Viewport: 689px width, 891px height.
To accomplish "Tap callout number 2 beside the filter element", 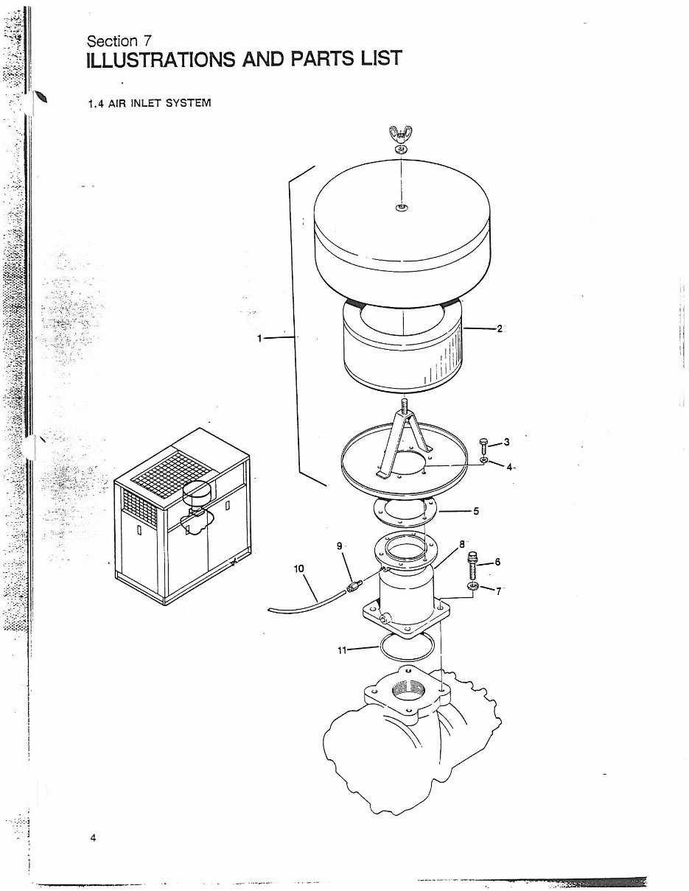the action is (500, 328).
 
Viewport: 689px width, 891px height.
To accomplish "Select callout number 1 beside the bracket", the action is (259, 338).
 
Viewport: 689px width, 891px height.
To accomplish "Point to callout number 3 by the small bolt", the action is (507, 442).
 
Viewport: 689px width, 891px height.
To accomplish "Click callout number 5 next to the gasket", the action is (476, 511).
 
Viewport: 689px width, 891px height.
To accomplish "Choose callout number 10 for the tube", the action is (299, 568).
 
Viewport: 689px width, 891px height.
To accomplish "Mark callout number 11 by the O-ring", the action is (342, 650).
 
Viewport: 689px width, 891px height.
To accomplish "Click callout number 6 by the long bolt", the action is (497, 562).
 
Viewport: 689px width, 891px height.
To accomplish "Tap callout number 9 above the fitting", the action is (340, 546).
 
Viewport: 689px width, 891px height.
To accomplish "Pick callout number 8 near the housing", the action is (462, 544).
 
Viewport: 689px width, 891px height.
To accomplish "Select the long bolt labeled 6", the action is (472, 565).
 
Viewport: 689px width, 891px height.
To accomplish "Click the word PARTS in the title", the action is (323, 59).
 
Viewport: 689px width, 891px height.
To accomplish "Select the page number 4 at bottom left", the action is (93, 838).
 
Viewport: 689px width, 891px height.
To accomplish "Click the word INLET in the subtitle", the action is (146, 103).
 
